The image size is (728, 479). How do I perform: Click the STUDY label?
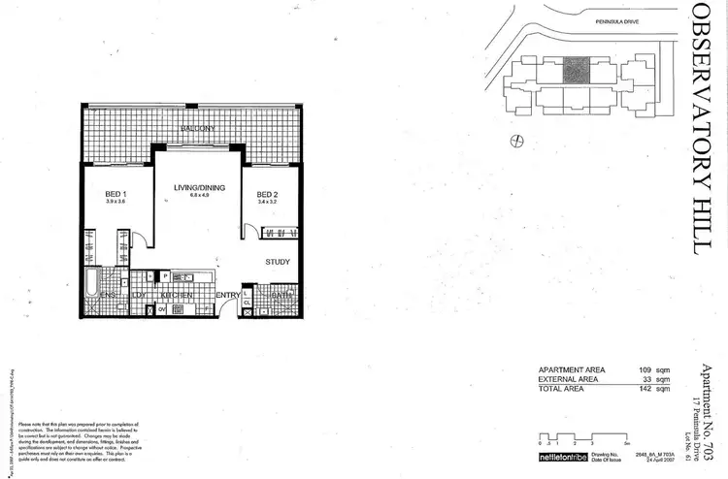pyautogui.click(x=280, y=262)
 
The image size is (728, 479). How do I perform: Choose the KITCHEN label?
pyautogui.click(x=175, y=294)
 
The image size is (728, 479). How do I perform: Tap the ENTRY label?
pyautogui.click(x=228, y=295)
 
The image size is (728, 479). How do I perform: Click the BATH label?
pyautogui.click(x=281, y=294)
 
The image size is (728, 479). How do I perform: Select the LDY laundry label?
pyautogui.click(x=139, y=294)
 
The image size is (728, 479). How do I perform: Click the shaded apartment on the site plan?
pyautogui.click(x=575, y=69)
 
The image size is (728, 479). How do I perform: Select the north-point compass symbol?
pyautogui.click(x=517, y=139)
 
